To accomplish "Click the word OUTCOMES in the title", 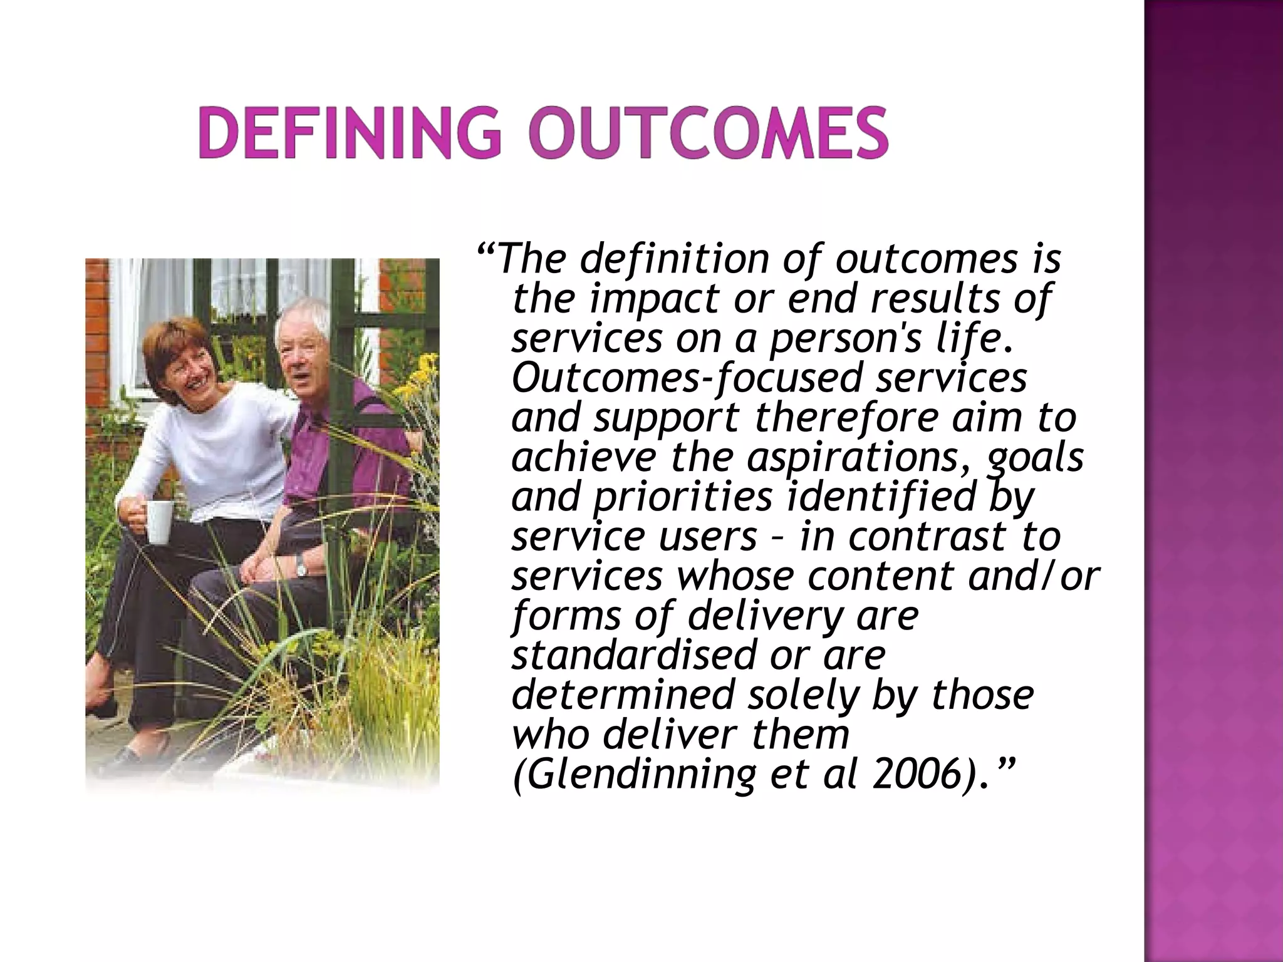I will (x=707, y=134).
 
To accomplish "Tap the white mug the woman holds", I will (x=158, y=522).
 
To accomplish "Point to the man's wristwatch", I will (x=302, y=567).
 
